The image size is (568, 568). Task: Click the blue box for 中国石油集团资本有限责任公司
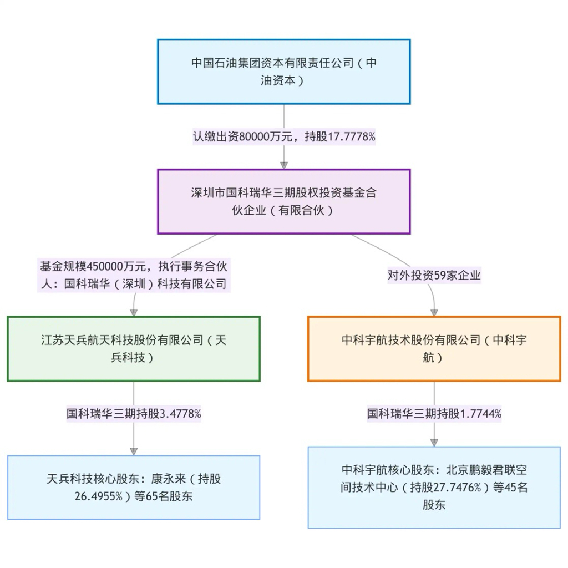tap(283, 72)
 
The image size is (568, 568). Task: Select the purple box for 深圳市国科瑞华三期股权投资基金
tap(283, 201)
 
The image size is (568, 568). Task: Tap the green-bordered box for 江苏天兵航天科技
tap(133, 349)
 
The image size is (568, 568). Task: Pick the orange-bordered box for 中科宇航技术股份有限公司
tap(434, 349)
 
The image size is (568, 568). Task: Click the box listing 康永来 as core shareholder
tap(133, 488)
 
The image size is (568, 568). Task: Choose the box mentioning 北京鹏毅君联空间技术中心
tap(434, 488)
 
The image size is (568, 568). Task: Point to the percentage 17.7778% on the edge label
tap(352, 136)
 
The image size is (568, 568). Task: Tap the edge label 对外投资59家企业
tap(434, 275)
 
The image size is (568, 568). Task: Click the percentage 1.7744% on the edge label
tap(481, 414)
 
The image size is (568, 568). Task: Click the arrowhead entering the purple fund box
tap(284, 165)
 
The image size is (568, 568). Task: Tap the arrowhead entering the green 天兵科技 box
tap(134, 312)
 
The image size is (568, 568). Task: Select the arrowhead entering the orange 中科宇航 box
tap(434, 312)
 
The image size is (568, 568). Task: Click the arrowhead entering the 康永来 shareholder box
tap(134, 451)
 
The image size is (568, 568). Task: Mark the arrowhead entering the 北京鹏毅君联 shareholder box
tap(434, 442)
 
